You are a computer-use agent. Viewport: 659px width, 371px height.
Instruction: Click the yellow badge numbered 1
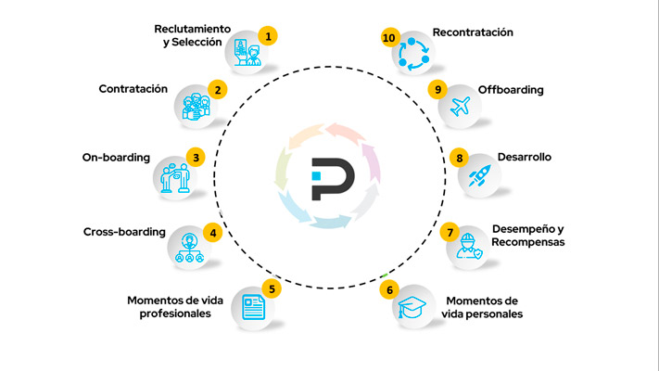[x=268, y=36]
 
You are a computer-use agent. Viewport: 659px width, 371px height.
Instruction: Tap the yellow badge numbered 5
[x=271, y=288]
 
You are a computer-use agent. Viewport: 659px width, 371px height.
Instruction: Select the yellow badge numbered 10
[x=389, y=38]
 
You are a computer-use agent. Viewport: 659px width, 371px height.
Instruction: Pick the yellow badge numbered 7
[x=450, y=232]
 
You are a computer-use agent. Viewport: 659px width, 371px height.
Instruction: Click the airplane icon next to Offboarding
[x=460, y=107]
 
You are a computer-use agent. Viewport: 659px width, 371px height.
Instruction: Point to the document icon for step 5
[x=251, y=306]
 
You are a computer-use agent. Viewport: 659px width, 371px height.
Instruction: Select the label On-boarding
[x=116, y=157]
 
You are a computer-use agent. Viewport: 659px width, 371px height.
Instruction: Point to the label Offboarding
[x=510, y=90]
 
